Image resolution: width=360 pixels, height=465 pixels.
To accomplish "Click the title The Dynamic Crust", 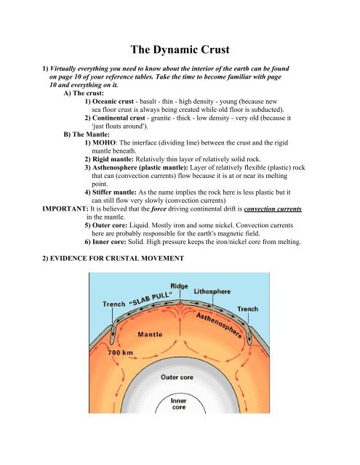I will (180, 50).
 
